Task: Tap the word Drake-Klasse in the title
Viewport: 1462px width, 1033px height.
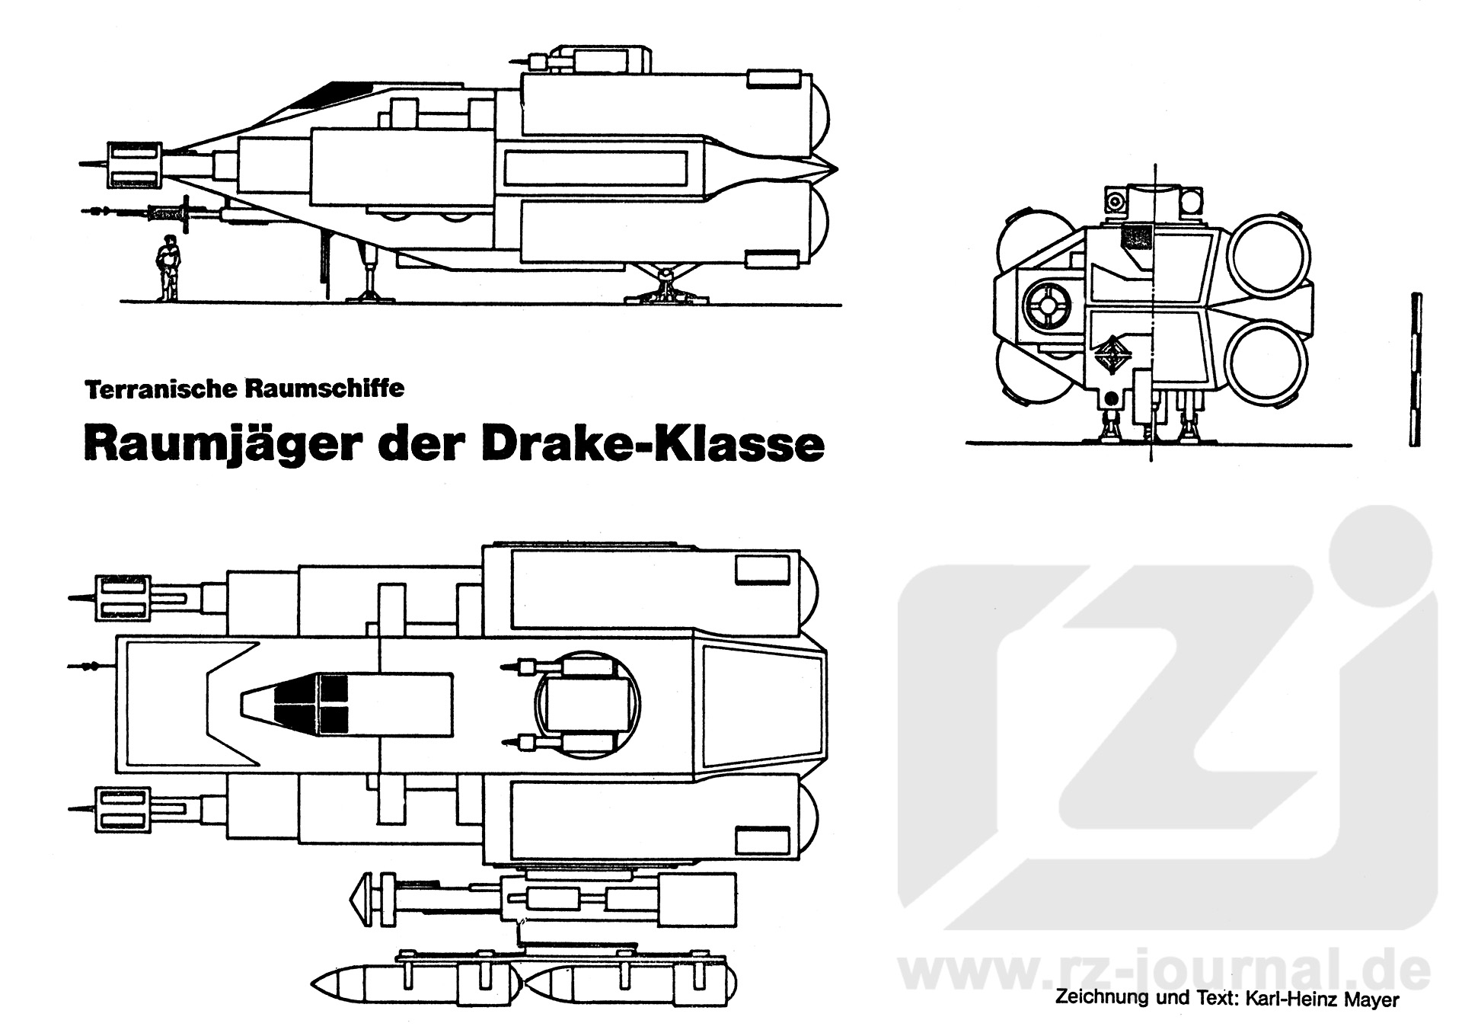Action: pos(653,444)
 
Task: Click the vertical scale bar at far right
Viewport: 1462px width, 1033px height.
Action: pos(1415,369)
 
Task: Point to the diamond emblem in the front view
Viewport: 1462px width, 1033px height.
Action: pos(1112,355)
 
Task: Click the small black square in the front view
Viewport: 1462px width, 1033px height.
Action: pos(1137,235)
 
